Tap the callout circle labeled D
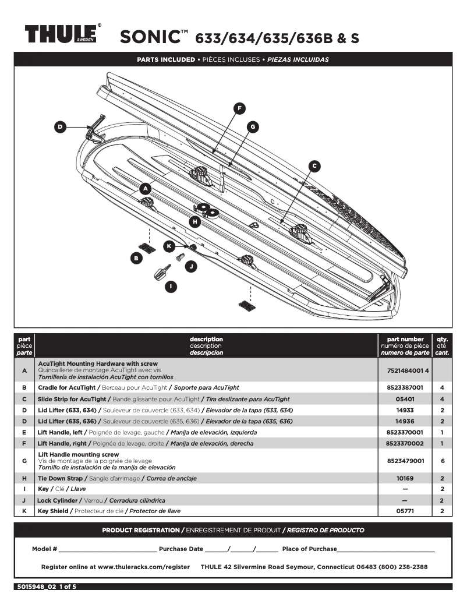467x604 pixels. tap(59, 127)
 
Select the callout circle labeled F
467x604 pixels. tap(239, 108)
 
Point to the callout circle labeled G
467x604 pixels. tap(252, 126)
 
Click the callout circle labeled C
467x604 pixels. tap(314, 166)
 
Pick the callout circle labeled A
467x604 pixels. tap(146, 188)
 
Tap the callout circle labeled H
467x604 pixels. tap(195, 221)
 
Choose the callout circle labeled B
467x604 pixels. tap(136, 257)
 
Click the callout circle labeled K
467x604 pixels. tap(169, 246)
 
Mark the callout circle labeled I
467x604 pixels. tap(171, 286)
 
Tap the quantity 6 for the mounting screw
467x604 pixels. tap(443, 460)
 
